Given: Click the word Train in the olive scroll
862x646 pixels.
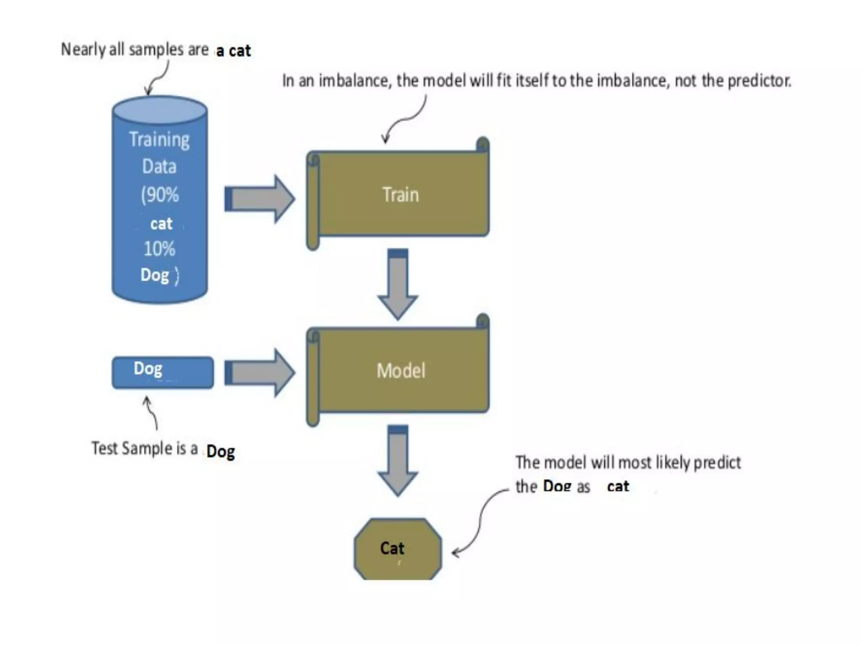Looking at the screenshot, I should [400, 195].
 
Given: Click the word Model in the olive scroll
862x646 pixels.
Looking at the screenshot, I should [401, 371].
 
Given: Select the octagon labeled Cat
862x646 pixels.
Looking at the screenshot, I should [398, 549].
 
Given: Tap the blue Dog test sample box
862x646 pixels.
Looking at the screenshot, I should [162, 373].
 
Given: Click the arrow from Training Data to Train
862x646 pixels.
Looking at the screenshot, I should [260, 199].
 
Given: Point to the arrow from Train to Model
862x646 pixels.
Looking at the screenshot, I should [398, 284].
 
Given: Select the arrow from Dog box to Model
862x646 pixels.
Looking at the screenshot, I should [260, 373].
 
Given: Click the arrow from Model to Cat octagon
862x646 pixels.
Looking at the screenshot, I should [398, 461].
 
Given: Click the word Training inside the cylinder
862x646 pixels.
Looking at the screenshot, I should [159, 140].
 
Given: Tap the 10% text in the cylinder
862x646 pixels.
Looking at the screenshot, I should [159, 249].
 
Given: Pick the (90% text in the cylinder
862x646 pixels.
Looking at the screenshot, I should [160, 195].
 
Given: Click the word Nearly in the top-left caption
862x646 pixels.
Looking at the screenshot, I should [83, 50].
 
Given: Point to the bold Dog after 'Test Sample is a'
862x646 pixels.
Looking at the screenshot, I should [221, 452].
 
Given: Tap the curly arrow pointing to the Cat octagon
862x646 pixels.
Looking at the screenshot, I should [480, 526].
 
